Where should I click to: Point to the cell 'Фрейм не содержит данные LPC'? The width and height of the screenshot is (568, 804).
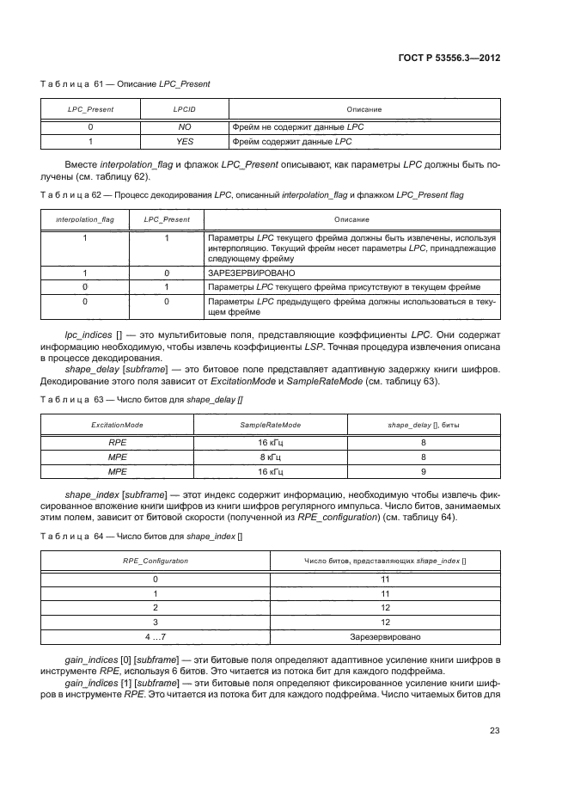(x=292, y=126)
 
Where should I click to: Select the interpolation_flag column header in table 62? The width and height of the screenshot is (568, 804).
(x=85, y=219)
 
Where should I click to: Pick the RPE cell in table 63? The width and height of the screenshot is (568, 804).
(x=117, y=441)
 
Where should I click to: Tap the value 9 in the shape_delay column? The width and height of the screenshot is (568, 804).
(x=424, y=472)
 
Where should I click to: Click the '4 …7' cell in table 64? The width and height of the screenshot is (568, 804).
(x=156, y=637)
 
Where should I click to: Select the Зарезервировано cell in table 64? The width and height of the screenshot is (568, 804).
(x=385, y=637)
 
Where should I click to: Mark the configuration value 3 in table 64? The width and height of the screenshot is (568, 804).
(x=156, y=622)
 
